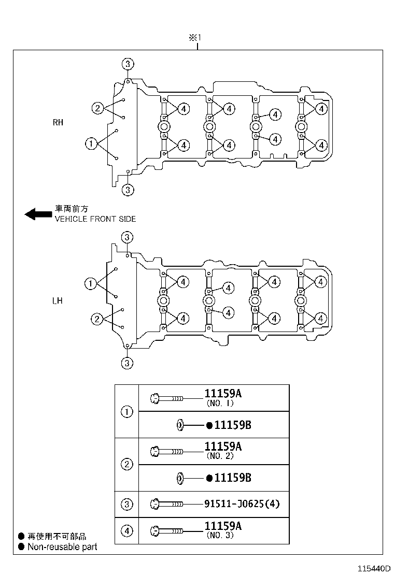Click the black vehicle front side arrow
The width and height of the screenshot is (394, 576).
[x=37, y=213]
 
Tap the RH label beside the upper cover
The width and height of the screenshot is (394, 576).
[x=58, y=123]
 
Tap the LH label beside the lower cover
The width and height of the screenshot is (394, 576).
[x=58, y=300]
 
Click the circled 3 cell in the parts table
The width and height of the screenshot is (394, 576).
[x=126, y=504]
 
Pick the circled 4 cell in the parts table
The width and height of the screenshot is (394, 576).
[x=126, y=530]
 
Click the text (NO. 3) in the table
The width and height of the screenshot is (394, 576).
[x=220, y=535]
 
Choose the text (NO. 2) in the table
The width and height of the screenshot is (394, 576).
[x=220, y=456]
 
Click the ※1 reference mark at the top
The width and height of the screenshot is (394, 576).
[x=194, y=38]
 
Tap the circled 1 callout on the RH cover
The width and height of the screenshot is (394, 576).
[x=91, y=143]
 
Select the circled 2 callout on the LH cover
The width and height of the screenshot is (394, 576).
[x=97, y=319]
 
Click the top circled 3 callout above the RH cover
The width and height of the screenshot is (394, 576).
[x=128, y=64]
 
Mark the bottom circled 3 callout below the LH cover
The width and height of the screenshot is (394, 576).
[x=127, y=363]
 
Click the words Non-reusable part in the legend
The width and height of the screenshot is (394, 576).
[x=62, y=546]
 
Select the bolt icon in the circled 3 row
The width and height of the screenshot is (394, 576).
[x=166, y=504]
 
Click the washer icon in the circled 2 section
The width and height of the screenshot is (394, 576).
[x=180, y=478]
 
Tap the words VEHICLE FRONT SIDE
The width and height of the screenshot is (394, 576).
[x=95, y=219]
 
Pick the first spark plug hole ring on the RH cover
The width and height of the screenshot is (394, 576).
[x=163, y=127]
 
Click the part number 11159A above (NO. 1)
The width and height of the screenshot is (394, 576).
[x=223, y=393]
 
